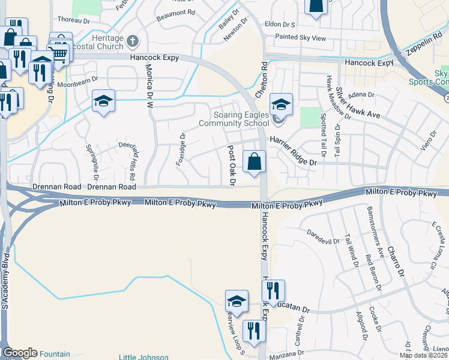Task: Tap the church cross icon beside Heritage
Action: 133,42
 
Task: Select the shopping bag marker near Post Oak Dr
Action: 255,161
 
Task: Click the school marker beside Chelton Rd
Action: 280,104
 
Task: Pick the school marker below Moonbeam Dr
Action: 103,101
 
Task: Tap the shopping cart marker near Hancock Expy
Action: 59,54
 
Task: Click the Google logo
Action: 20,353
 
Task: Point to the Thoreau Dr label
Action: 72,20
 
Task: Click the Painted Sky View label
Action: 300,38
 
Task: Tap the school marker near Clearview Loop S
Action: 237,302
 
